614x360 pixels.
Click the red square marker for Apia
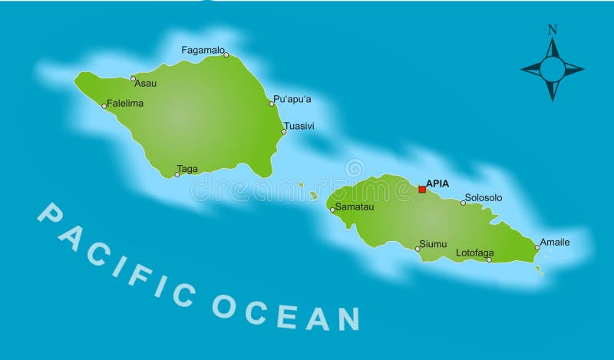pyautogui.click(x=421, y=189)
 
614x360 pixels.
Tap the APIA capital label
pyautogui.click(x=437, y=183)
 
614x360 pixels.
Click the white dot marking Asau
pyautogui.click(x=133, y=78)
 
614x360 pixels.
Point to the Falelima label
pyautogui.click(x=125, y=103)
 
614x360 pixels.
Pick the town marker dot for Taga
pyautogui.click(x=177, y=174)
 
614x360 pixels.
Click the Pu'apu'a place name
pyautogui.click(x=292, y=99)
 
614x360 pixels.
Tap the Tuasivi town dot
pyautogui.click(x=283, y=131)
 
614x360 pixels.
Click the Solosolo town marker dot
pyautogui.click(x=463, y=203)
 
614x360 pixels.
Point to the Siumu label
pyautogui.click(x=433, y=244)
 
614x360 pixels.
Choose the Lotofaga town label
pyautogui.click(x=475, y=253)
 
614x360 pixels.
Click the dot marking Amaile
pyautogui.click(x=537, y=247)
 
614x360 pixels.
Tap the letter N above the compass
pyautogui.click(x=552, y=30)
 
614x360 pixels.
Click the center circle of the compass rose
pyautogui.click(x=552, y=70)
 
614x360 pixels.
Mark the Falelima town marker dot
pyautogui.click(x=104, y=106)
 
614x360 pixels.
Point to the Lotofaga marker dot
pyautogui.click(x=489, y=259)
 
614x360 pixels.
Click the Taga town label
pyautogui.click(x=187, y=169)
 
